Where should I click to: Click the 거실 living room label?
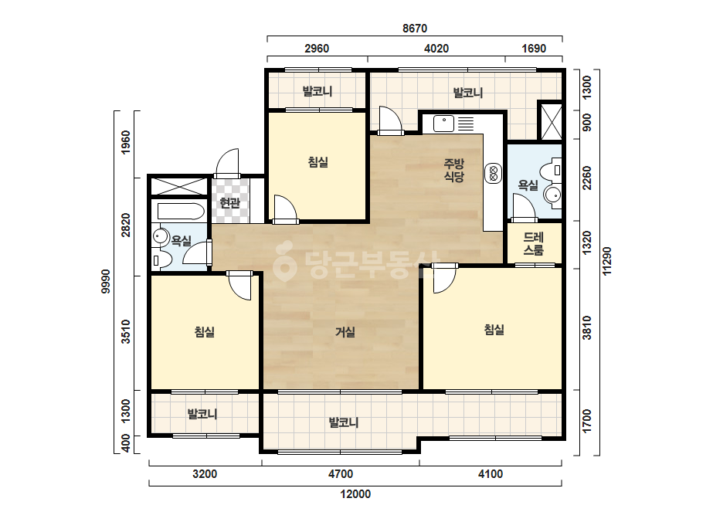[x=345, y=332]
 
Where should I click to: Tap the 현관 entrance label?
[x=229, y=203]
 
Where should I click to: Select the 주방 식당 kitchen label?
[x=453, y=170]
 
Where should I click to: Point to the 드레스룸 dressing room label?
[x=533, y=243]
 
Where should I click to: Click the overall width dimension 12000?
[x=355, y=493]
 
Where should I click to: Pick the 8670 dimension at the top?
[x=415, y=29]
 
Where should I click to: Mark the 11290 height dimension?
[x=607, y=261]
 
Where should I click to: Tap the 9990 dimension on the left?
[x=106, y=281]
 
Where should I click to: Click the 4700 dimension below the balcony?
[x=341, y=474]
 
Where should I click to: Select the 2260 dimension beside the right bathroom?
[x=587, y=178]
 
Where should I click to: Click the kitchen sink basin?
[x=443, y=124]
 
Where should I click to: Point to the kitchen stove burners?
[x=493, y=173]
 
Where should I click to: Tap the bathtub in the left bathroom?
[x=181, y=212]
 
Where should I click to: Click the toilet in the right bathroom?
[x=550, y=171]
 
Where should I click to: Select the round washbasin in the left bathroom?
[x=160, y=236]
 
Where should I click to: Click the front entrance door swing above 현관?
[x=227, y=163]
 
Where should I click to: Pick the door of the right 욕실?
[x=524, y=208]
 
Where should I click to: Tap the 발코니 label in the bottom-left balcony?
[x=202, y=414]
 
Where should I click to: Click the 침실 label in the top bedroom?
[x=317, y=162]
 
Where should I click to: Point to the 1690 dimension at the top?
[x=533, y=48]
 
